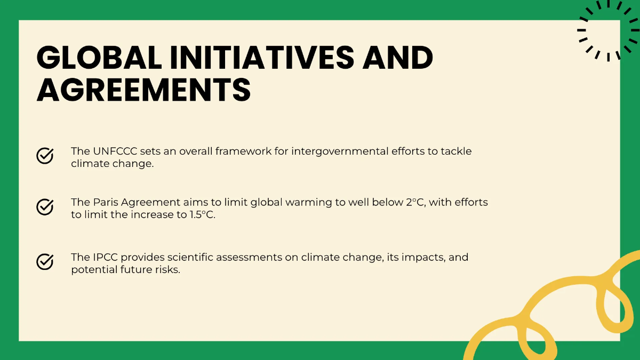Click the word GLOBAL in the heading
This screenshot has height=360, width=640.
tap(99, 57)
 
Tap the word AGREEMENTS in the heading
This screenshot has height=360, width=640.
tap(144, 89)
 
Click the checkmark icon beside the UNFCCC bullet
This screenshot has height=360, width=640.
tap(45, 155)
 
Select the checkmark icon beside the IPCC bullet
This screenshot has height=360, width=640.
tap(45, 261)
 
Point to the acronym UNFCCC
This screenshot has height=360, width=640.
tap(113, 151)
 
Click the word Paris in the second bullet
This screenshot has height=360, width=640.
tap(106, 203)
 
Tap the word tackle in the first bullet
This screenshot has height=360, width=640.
tap(456, 151)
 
